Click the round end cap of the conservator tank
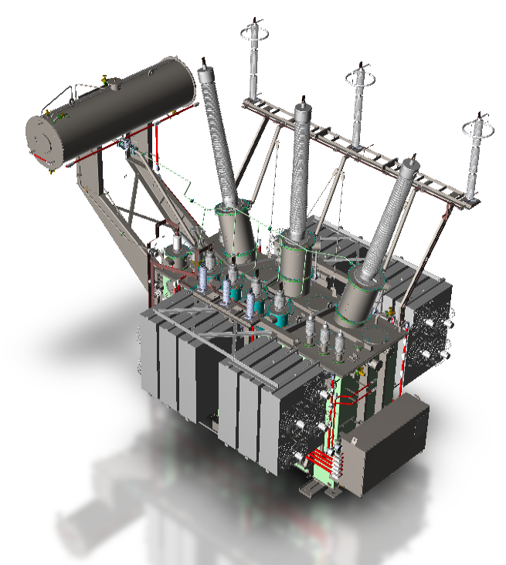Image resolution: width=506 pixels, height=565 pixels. point(45,140)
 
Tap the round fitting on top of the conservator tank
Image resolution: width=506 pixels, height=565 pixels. point(108,81)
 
